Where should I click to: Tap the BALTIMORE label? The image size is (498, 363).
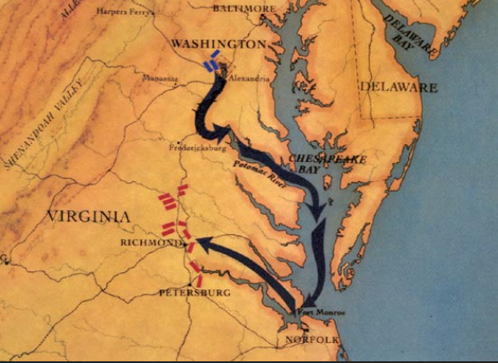click(246, 8)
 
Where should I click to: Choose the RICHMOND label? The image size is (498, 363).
click(146, 244)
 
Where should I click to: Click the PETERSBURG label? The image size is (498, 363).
click(195, 293)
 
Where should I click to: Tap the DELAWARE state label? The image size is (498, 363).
click(399, 88)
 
